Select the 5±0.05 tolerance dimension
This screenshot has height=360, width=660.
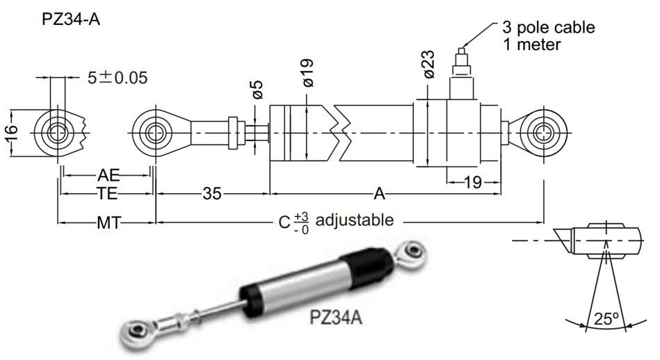point(118,77)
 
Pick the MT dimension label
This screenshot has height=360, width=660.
point(105,222)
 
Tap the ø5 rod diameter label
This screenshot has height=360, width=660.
point(256,90)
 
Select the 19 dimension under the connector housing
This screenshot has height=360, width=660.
point(472,183)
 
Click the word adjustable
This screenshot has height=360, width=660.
point(354,220)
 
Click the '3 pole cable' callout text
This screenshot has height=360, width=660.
point(549,28)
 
